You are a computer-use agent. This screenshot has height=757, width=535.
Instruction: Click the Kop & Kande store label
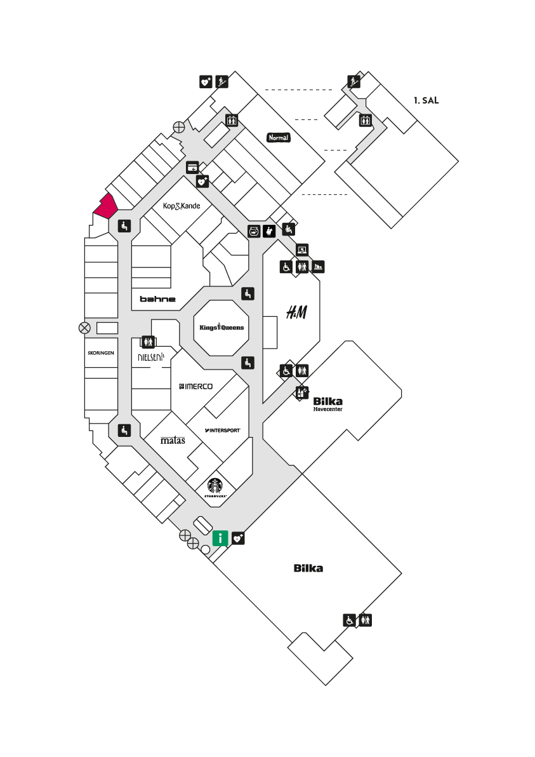(x=182, y=206)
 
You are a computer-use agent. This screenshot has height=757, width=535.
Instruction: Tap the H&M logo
(x=296, y=312)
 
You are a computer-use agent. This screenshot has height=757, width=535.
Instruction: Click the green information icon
(x=220, y=538)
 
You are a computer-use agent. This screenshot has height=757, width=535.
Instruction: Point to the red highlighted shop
(x=106, y=206)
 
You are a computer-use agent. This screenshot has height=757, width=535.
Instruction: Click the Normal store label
(x=279, y=138)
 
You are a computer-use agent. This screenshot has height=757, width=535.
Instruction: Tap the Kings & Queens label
(x=221, y=327)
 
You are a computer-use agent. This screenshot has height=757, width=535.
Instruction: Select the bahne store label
(x=157, y=299)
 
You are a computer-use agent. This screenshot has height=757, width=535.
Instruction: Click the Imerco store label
(x=196, y=386)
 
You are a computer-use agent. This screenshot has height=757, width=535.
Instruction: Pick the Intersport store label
(x=222, y=430)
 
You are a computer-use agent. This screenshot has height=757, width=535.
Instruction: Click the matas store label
(x=173, y=440)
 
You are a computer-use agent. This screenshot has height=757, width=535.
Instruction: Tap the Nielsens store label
(x=151, y=357)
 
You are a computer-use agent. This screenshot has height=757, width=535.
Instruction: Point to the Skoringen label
(x=101, y=353)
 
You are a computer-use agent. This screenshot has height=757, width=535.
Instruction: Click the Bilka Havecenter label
(x=328, y=404)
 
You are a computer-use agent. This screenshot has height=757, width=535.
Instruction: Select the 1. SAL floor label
(x=426, y=100)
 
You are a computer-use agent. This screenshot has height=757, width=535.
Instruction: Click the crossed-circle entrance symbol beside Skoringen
(x=84, y=328)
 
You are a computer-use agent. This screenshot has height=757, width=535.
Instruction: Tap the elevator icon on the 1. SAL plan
(x=365, y=120)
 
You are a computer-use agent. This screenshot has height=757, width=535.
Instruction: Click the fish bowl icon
(x=254, y=231)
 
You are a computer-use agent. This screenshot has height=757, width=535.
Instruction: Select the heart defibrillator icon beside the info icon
(x=239, y=539)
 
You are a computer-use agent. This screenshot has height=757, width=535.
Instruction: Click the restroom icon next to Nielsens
(x=148, y=342)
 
